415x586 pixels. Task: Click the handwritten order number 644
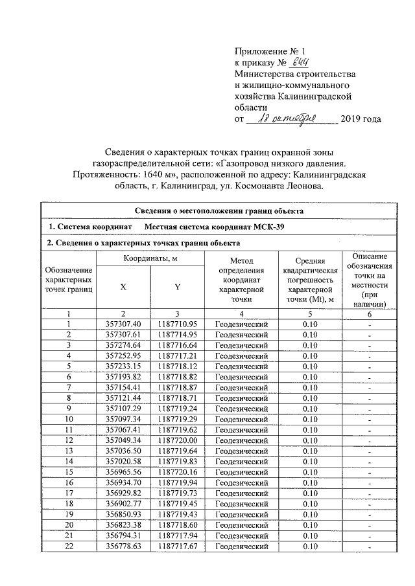[x=296, y=62]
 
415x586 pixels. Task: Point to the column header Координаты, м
[x=151, y=259]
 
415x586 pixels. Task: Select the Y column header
[x=177, y=289]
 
